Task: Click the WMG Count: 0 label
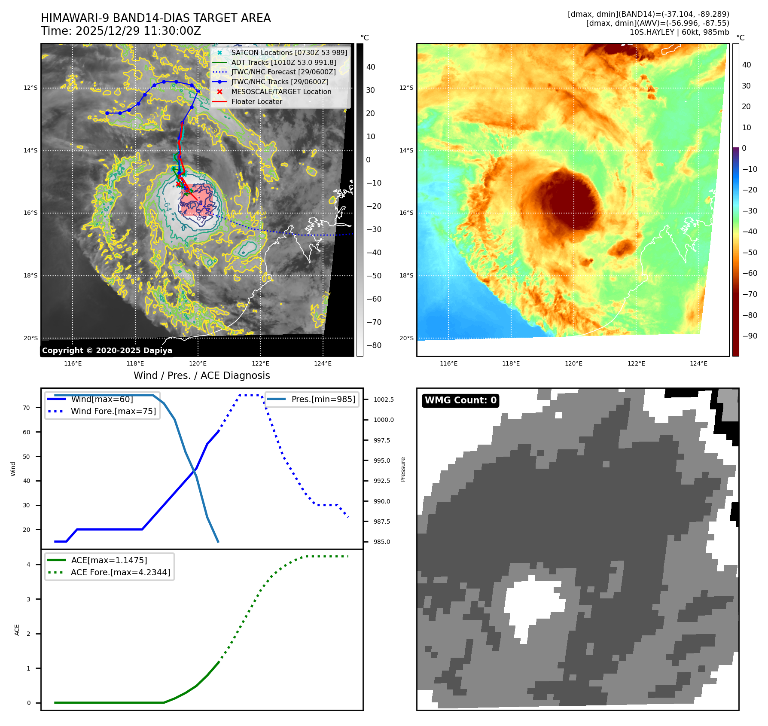click(x=460, y=400)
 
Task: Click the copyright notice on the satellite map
click(x=107, y=351)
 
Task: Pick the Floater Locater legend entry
click(x=256, y=101)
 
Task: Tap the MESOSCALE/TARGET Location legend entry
click(x=281, y=92)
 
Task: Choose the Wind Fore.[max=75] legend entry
click(x=113, y=411)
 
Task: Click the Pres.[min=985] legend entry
click(x=323, y=399)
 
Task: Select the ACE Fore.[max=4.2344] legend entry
click(x=120, y=572)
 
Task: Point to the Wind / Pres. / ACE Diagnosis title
click(x=201, y=375)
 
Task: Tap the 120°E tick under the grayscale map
click(x=198, y=363)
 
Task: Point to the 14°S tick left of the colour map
click(x=406, y=150)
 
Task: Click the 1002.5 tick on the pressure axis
click(x=384, y=400)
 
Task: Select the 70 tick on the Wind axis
click(x=27, y=408)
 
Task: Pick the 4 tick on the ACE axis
click(x=29, y=564)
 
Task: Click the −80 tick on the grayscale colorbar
click(x=374, y=345)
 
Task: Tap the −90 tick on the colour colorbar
click(x=750, y=336)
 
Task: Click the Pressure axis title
click(x=403, y=469)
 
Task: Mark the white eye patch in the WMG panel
click(x=533, y=601)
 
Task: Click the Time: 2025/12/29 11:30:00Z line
click(x=121, y=31)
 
